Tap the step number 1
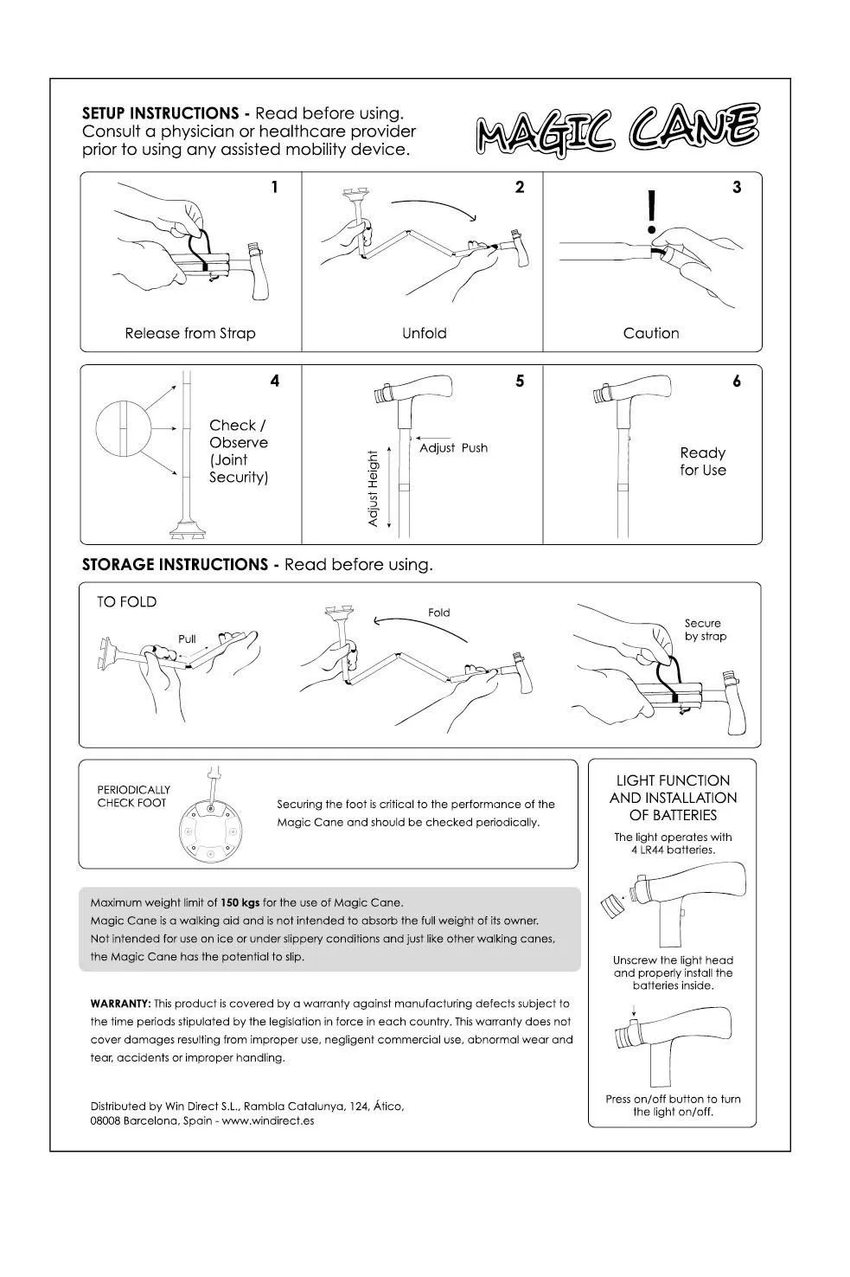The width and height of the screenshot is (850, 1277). [275, 187]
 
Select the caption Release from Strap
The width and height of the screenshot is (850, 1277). [190, 333]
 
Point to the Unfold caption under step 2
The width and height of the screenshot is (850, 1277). [424, 333]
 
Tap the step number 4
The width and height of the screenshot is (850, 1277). [275, 381]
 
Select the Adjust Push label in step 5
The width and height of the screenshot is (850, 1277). [453, 448]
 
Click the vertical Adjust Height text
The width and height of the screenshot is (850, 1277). [374, 488]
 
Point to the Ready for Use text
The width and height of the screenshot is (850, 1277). [702, 461]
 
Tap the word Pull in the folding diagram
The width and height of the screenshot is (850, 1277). [187, 639]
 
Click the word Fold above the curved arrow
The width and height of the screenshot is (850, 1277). [439, 613]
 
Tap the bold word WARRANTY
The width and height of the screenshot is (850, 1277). [120, 1004]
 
